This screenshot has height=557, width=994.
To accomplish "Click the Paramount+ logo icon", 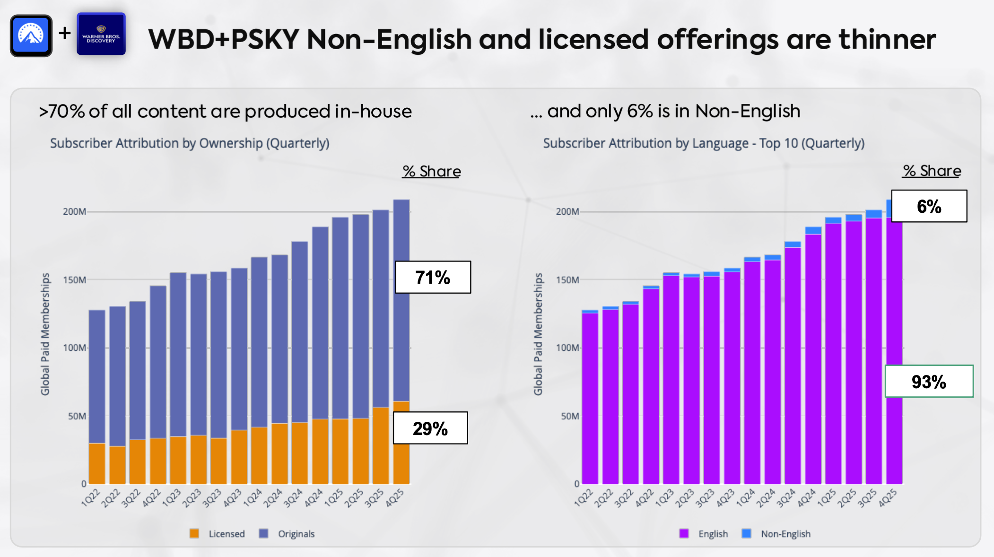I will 31,35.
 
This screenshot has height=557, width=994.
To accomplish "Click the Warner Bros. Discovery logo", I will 101,34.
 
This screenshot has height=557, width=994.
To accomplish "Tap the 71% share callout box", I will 433,277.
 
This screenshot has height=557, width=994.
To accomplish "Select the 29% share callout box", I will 430,428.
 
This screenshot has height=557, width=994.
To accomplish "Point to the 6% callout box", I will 929,206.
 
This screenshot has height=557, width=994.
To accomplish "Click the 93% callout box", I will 929,381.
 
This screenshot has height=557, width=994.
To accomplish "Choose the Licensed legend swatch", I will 194,533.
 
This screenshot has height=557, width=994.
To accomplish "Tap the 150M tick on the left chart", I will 75,280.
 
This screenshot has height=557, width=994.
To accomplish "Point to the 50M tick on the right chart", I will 570,416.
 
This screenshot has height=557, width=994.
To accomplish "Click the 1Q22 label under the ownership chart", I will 90,498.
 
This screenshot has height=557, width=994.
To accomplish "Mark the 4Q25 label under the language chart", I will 887,498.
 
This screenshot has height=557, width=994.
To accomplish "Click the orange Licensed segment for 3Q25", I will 381,445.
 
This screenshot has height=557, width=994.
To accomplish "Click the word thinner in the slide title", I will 887,39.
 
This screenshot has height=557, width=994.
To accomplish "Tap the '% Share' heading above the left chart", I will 431,171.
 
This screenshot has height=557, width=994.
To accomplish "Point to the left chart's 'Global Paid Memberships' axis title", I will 45,334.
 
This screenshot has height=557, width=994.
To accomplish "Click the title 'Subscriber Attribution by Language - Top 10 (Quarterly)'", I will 704,143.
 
